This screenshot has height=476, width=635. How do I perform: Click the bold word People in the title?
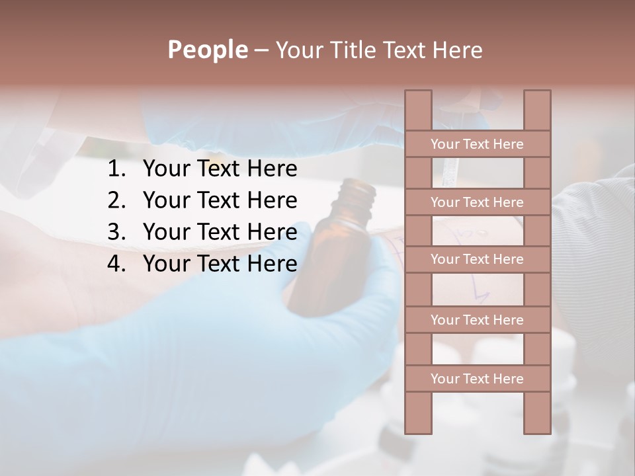tap(207, 50)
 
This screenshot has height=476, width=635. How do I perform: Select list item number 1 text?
tap(220, 169)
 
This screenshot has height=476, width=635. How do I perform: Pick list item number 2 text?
tap(220, 200)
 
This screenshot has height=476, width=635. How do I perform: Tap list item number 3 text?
tap(220, 232)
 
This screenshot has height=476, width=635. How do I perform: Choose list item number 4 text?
tap(220, 264)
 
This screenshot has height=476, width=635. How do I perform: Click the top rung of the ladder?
tap(477, 144)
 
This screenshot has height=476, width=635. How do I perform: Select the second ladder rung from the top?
tap(477, 202)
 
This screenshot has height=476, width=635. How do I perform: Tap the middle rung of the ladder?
tap(477, 259)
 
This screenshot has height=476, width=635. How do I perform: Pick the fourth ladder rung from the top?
tap(477, 320)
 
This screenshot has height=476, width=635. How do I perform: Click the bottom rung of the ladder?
tap(477, 379)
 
